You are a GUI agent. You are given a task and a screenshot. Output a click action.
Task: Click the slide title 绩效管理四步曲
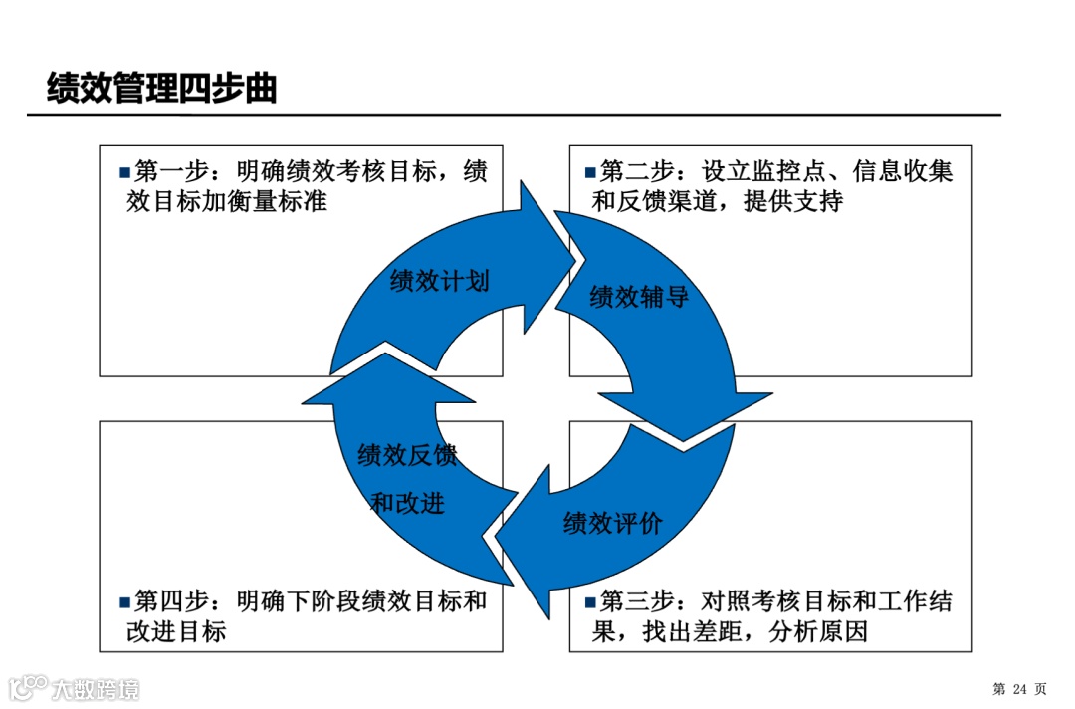[x=161, y=89]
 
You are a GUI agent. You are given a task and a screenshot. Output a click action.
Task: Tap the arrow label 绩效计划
[x=440, y=281]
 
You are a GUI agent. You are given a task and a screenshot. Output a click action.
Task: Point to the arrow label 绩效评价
[x=612, y=524]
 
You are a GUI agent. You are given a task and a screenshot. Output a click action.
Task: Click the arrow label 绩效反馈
[x=407, y=456]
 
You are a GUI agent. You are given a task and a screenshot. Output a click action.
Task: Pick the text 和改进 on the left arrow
[x=407, y=504]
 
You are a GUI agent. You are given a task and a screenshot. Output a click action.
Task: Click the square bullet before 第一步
[x=124, y=172]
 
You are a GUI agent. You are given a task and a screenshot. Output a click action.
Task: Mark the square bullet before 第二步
[x=590, y=172]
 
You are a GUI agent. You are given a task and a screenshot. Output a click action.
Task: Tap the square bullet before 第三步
[x=590, y=602]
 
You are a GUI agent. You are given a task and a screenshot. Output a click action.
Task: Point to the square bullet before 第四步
[x=124, y=602]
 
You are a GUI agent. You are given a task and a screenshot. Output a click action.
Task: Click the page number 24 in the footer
[x=1018, y=689]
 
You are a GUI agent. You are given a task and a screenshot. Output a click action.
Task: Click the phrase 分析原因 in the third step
[x=818, y=631]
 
